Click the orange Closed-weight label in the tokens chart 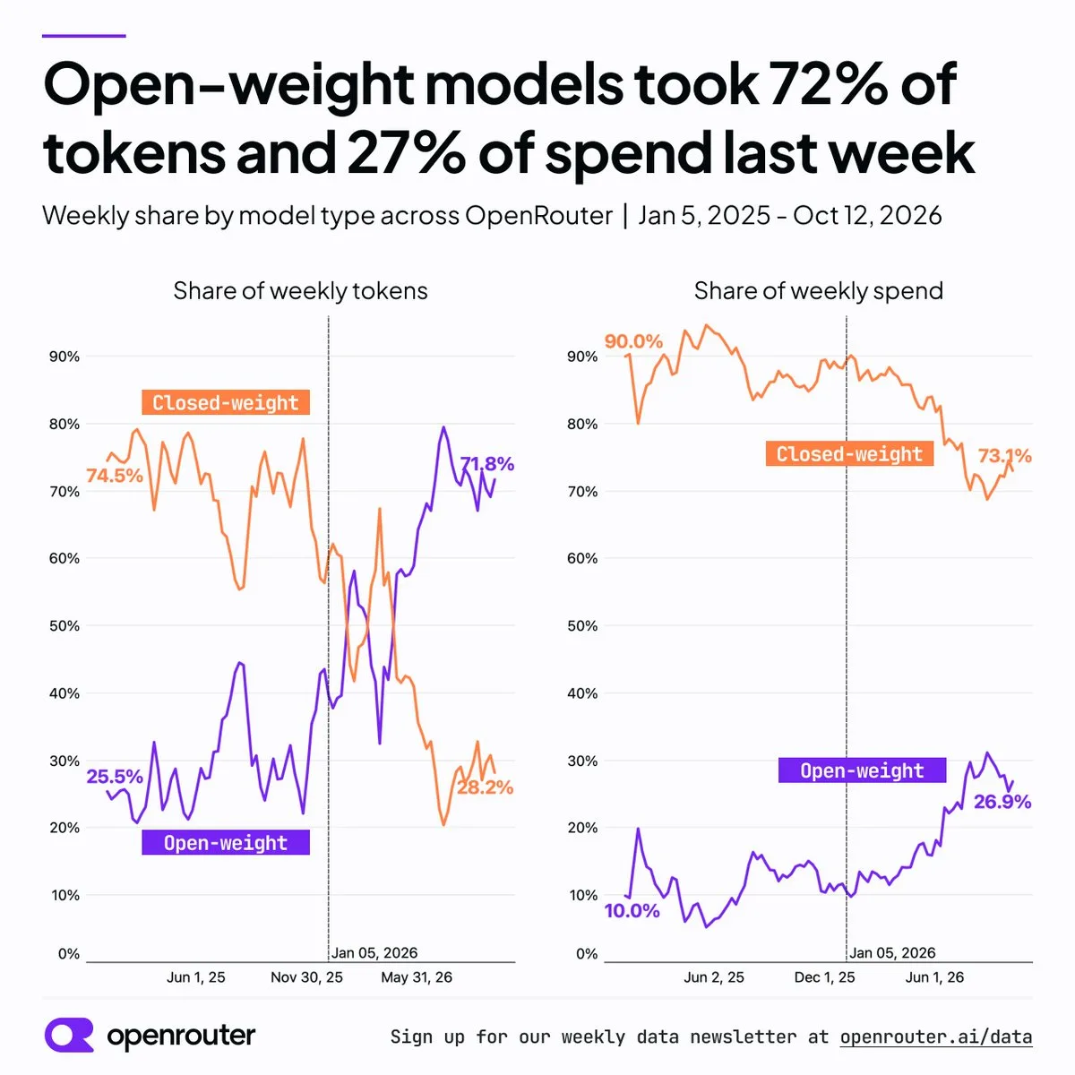point(226,402)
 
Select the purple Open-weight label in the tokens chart point(226,842)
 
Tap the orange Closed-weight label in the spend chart point(849,453)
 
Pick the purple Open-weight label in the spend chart point(862,770)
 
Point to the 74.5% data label point(115,476)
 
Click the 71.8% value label point(486,463)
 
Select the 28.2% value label point(485,787)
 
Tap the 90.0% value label point(633,340)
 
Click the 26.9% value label point(1002,802)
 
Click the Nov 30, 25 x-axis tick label point(307,977)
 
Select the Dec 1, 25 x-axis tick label point(824,977)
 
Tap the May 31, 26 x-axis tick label point(417,977)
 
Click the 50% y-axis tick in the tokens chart point(64,626)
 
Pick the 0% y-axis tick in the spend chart point(587,954)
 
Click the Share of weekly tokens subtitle point(300,290)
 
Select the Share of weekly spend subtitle point(819,290)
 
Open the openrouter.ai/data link point(936,1036)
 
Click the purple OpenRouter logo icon point(69,1035)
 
